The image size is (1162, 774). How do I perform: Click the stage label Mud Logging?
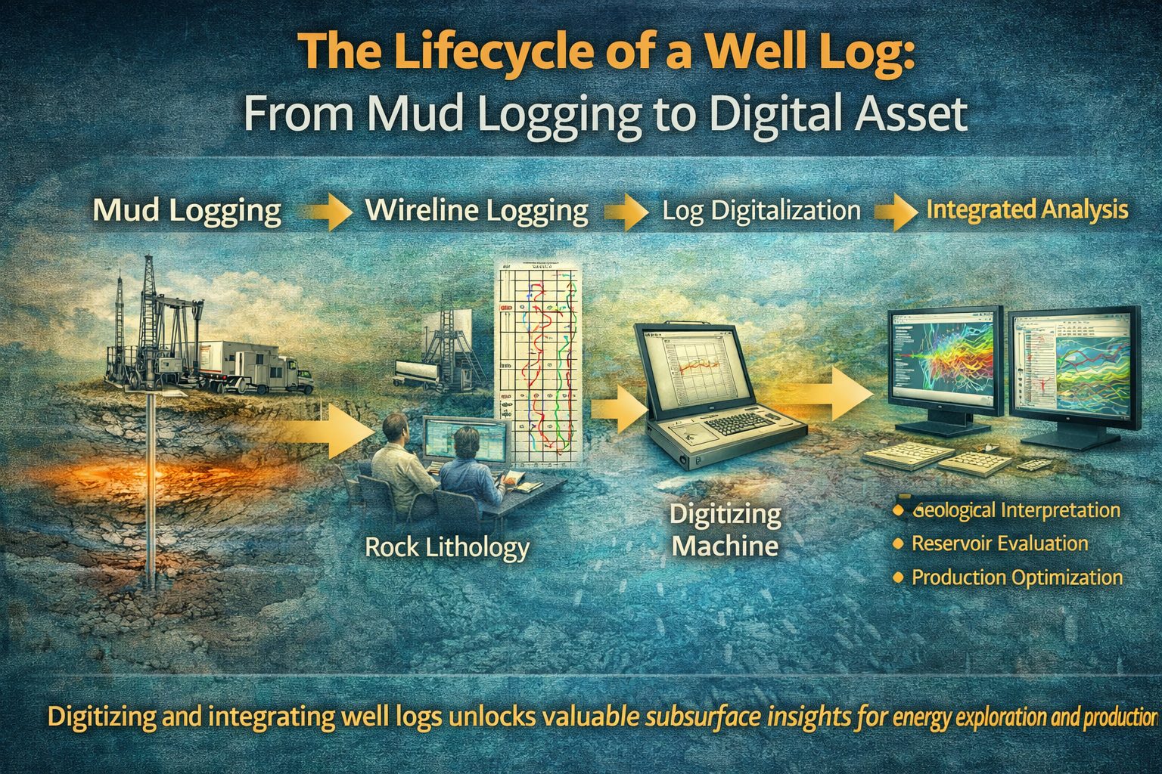186,211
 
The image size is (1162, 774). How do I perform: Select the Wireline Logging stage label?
477,211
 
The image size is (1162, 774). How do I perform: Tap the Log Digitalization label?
761,211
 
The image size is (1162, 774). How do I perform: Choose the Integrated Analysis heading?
1027,210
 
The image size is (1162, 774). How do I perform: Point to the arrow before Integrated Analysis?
893,212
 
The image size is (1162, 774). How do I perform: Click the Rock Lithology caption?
447,546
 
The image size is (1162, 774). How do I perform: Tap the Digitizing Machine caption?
725,530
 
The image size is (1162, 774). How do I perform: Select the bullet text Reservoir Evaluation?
999,543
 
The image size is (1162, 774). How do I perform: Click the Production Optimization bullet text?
1017,577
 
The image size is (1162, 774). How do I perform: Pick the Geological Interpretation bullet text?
1016,510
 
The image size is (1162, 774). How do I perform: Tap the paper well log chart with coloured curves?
537,363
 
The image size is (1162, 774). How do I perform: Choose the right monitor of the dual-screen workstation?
1074,370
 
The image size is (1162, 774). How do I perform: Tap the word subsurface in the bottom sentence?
707,716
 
